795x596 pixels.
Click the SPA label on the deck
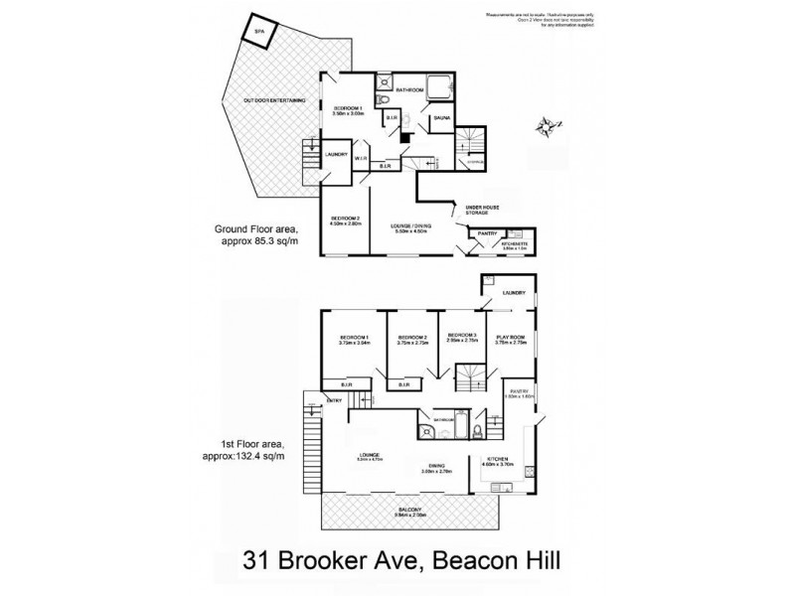(x=260, y=33)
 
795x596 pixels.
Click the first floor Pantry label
(x=519, y=393)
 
